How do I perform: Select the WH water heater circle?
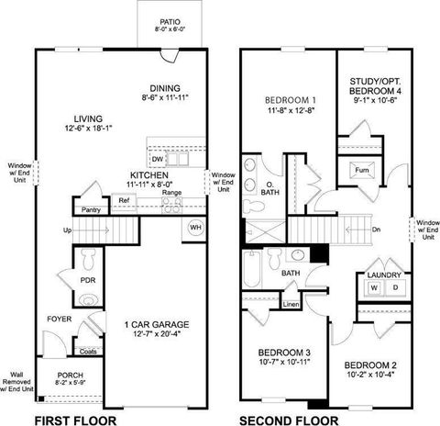pos(195,227)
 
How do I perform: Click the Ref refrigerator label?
pos(123,200)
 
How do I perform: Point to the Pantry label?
pos(91,210)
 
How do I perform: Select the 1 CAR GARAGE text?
pos(159,324)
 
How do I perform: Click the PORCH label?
pos(71,376)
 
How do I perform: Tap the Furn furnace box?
pos(361,170)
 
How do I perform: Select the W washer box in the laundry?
pos(374,288)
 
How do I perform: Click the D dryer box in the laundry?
pos(396,288)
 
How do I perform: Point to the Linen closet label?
pos(291,304)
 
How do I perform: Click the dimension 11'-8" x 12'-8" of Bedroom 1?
pos(291,111)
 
